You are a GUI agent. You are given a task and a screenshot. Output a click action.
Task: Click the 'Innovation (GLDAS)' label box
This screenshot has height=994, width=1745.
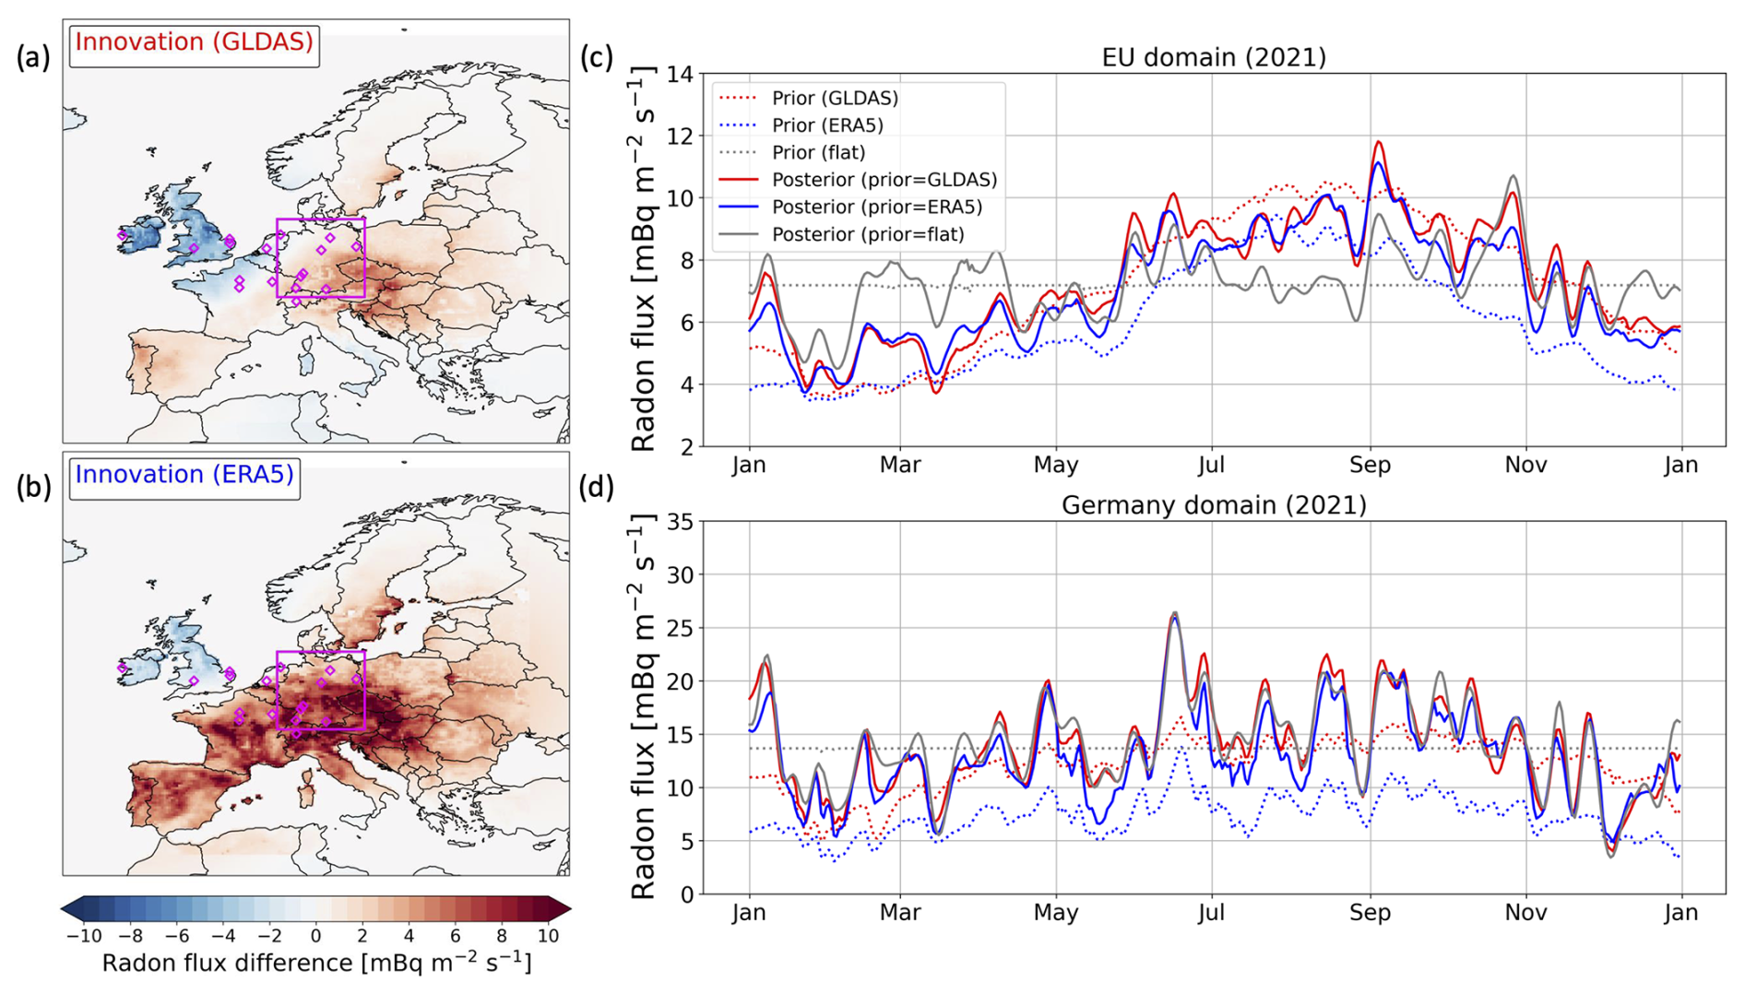(194, 42)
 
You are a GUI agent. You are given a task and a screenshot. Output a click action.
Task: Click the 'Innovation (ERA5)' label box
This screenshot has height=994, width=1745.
(184, 475)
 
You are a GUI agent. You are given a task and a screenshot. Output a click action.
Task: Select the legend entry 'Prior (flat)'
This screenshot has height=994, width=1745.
(818, 152)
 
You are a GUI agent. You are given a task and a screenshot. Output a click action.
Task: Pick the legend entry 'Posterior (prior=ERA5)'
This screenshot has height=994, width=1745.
(876, 207)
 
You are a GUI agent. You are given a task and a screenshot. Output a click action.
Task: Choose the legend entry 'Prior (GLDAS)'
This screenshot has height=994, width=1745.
(835, 98)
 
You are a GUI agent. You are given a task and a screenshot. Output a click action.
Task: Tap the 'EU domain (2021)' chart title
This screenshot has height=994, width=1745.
(1214, 57)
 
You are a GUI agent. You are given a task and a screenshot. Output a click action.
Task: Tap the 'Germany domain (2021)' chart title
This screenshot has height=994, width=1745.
(1214, 505)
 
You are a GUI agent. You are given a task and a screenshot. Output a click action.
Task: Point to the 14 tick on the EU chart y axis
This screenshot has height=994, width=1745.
(680, 74)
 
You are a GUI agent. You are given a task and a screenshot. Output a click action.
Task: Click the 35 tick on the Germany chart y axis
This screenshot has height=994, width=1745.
(680, 522)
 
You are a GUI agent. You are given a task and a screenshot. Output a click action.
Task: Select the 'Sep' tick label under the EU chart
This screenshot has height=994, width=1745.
(1370, 465)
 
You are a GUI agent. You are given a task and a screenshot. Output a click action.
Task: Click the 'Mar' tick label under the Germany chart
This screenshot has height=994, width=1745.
(899, 913)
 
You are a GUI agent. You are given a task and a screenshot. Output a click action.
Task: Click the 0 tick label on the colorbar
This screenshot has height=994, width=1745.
(315, 936)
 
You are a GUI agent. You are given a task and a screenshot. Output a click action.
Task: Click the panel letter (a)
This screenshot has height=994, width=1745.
(33, 57)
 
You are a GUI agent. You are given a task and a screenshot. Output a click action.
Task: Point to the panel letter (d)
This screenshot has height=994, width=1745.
(596, 487)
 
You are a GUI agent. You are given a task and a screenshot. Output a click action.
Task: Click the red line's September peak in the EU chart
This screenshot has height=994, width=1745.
(1380, 142)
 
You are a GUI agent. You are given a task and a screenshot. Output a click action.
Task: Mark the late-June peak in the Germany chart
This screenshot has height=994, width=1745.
(1174, 613)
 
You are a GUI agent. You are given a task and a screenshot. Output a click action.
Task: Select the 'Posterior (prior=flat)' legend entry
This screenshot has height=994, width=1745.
(868, 234)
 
